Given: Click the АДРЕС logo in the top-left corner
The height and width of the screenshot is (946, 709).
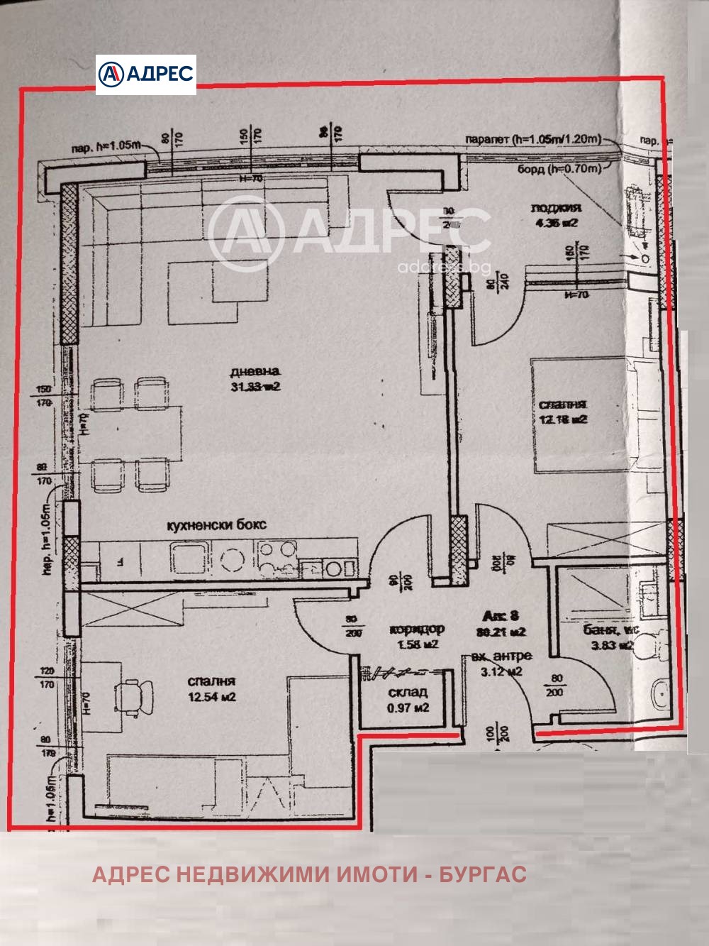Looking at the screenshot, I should (146, 75).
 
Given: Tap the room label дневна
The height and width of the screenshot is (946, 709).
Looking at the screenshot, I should (255, 371).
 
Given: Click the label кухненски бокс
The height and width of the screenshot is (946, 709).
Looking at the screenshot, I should (216, 524).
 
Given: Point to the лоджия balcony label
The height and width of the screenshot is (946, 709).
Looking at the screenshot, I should (556, 208).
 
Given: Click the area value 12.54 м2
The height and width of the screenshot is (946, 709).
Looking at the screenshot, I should (211, 697).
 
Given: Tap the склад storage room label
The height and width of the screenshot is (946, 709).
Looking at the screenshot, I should (408, 692).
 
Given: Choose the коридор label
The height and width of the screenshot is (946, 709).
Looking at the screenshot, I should (416, 629).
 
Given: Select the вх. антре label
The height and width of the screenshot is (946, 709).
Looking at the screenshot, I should (502, 656).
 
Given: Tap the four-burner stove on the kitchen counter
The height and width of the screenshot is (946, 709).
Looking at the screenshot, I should (277, 557).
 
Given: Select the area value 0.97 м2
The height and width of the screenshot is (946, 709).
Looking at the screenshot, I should (408, 708).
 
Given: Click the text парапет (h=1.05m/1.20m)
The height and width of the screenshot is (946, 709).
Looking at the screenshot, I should (532, 139).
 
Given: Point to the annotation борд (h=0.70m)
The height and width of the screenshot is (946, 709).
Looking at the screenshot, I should (559, 169).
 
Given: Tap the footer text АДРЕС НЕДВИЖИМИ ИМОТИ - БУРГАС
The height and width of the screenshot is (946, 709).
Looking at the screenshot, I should (309, 874).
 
